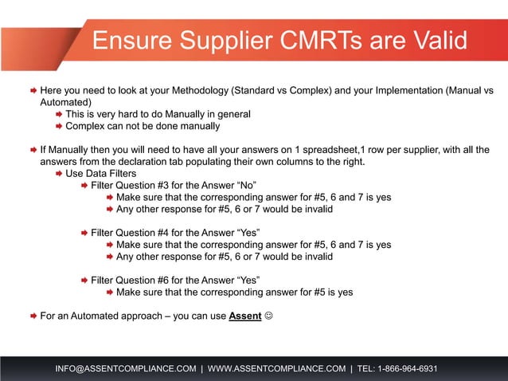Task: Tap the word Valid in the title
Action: click(429, 41)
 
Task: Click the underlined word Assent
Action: click(245, 316)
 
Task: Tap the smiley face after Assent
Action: click(268, 316)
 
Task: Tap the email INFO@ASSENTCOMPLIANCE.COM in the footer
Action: click(125, 368)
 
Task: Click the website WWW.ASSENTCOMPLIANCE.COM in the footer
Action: click(276, 368)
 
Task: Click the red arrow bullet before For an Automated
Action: click(33, 316)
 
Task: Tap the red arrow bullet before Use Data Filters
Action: click(58, 174)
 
